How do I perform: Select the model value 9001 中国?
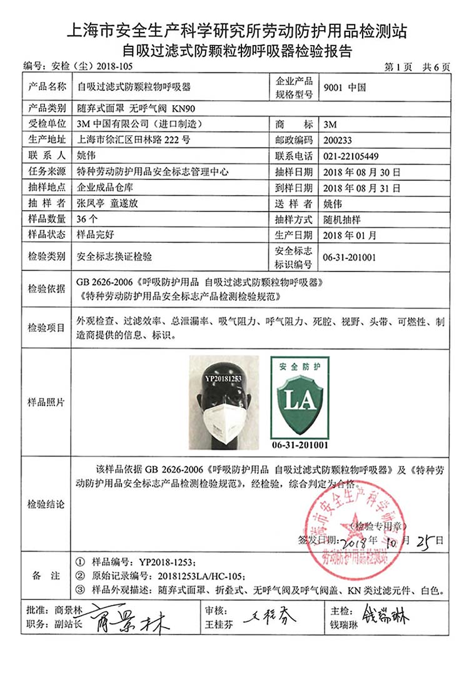pos(344,88)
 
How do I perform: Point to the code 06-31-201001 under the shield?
pos(299,445)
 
